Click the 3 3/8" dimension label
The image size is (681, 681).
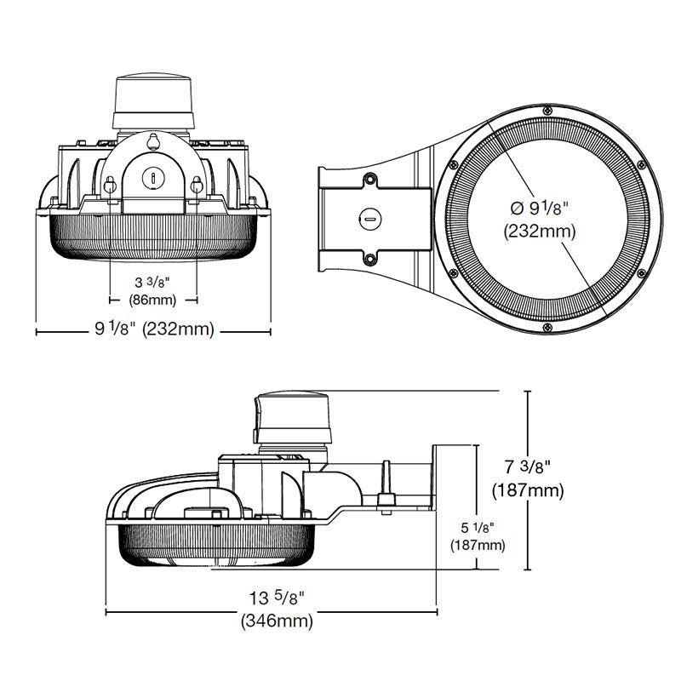point(153,282)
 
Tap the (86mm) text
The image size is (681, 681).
point(153,299)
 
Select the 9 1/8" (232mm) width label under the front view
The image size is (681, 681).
point(153,329)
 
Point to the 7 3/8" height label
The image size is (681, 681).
point(528,466)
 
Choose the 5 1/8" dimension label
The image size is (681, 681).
point(476,528)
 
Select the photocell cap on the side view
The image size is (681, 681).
point(290,417)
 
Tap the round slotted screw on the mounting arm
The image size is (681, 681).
point(369,219)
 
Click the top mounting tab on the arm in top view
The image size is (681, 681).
point(370,180)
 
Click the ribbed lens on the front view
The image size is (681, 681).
point(153,234)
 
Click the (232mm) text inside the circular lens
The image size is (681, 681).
point(540,231)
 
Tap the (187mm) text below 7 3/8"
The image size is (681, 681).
point(528,490)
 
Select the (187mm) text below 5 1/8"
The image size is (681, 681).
point(476,545)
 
